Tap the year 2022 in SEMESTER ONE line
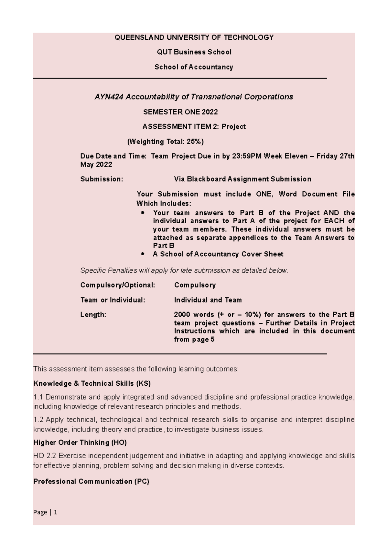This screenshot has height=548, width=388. pos(210,112)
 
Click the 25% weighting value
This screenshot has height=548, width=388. pos(194,141)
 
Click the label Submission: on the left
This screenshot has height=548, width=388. pos(102,179)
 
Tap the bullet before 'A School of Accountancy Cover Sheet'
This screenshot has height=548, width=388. pos(143,254)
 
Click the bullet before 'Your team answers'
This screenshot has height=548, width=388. pos(143,213)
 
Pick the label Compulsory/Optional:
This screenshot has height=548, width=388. pos(118,285)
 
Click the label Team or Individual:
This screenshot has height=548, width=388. pos(113,300)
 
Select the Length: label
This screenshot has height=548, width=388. pos(93,315)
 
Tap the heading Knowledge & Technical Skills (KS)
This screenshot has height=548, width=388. pos(92,383)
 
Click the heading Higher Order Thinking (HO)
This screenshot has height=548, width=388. pos(80,442)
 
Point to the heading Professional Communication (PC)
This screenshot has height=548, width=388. pos(91,482)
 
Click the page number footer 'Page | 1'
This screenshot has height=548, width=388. pos(45,512)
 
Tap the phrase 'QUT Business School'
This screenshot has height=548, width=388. pos(194,52)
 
